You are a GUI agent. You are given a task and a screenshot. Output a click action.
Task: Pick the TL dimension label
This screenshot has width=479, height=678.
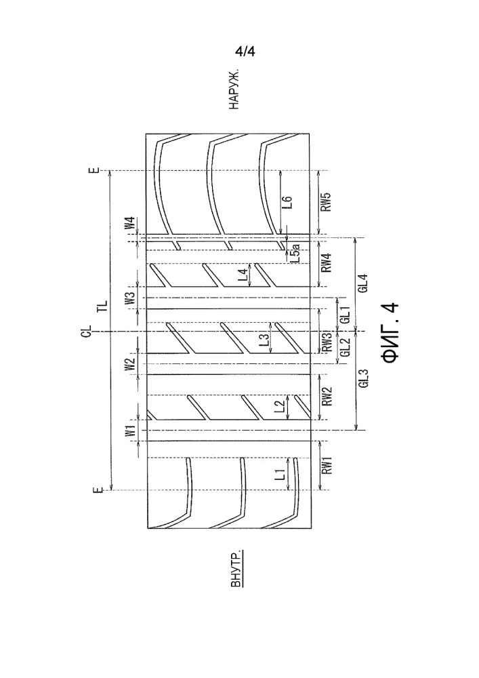point(101,306)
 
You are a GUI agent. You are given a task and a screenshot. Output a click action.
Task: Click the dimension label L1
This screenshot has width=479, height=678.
point(287,474)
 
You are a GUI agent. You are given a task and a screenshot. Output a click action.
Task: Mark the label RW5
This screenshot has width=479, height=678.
point(326,202)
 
